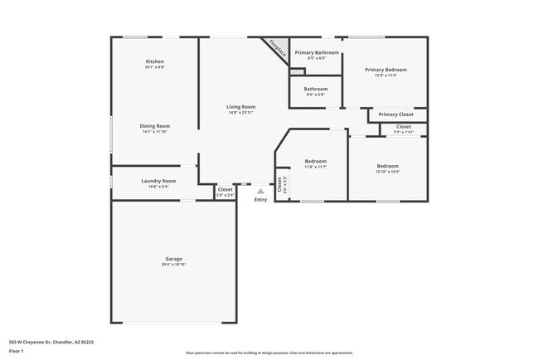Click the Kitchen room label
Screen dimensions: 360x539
click(x=155, y=61)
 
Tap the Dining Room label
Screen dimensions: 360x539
click(x=155, y=125)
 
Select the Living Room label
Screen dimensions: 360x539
click(x=241, y=106)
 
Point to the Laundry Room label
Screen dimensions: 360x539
click(x=158, y=180)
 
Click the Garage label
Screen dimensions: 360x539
click(x=173, y=258)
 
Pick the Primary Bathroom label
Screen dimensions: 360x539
click(x=315, y=52)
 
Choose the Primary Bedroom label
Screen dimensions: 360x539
click(x=386, y=70)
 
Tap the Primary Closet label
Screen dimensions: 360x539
click(x=396, y=114)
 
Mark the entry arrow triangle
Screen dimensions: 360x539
click(x=260, y=191)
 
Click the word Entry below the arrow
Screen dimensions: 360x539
click(x=260, y=199)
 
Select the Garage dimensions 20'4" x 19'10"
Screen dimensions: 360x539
click(x=173, y=265)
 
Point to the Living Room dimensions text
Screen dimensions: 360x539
click(x=241, y=113)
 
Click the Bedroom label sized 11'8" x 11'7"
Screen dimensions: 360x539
click(x=315, y=161)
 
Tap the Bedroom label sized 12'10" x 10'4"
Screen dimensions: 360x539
click(x=387, y=166)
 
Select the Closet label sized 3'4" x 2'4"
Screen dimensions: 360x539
click(x=225, y=189)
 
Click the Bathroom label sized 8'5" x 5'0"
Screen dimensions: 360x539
click(x=315, y=89)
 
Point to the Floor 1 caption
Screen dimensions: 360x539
click(x=16, y=351)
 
